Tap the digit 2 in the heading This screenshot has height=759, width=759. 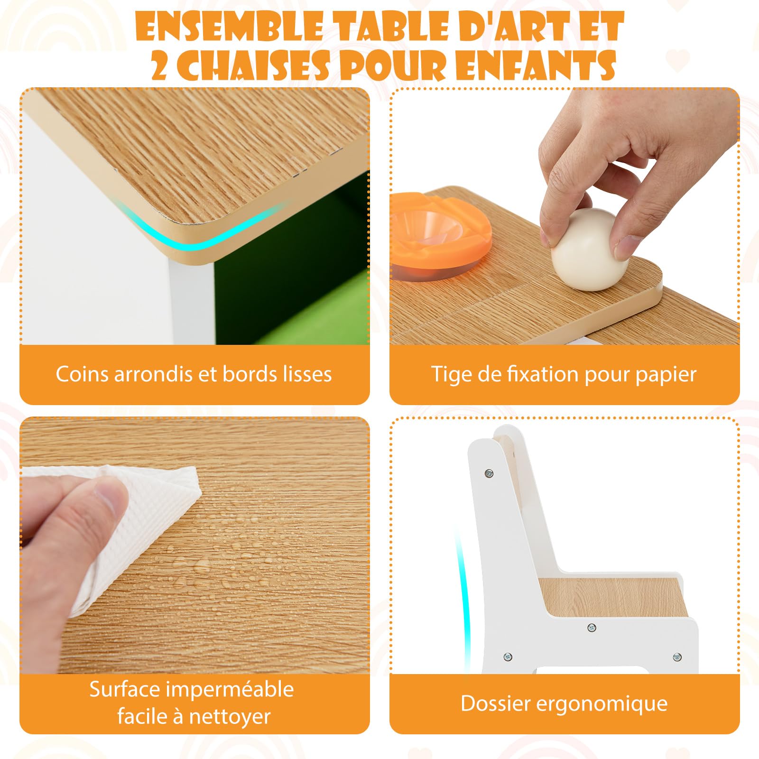pyautogui.click(x=160, y=65)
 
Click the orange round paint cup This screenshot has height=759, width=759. pyautogui.click(x=438, y=233)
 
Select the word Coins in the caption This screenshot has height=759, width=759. pyautogui.click(x=82, y=374)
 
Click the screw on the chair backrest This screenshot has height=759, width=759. pyautogui.click(x=489, y=473)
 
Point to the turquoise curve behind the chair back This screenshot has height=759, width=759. pyautogui.click(x=461, y=598)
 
